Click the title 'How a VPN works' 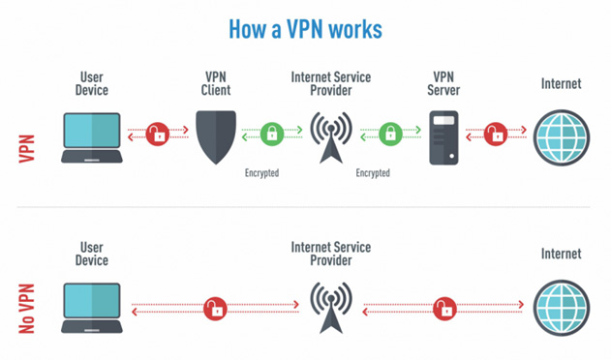click(x=305, y=28)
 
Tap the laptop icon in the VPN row click(x=93, y=136)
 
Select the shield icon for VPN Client click(x=215, y=135)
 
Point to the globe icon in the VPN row click(x=562, y=135)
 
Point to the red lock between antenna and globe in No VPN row click(x=446, y=308)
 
